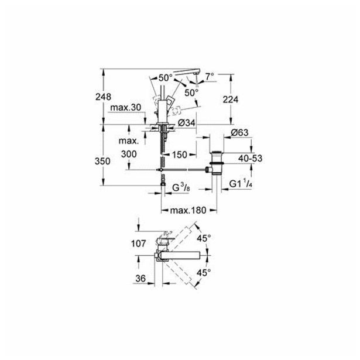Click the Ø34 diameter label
186,122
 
